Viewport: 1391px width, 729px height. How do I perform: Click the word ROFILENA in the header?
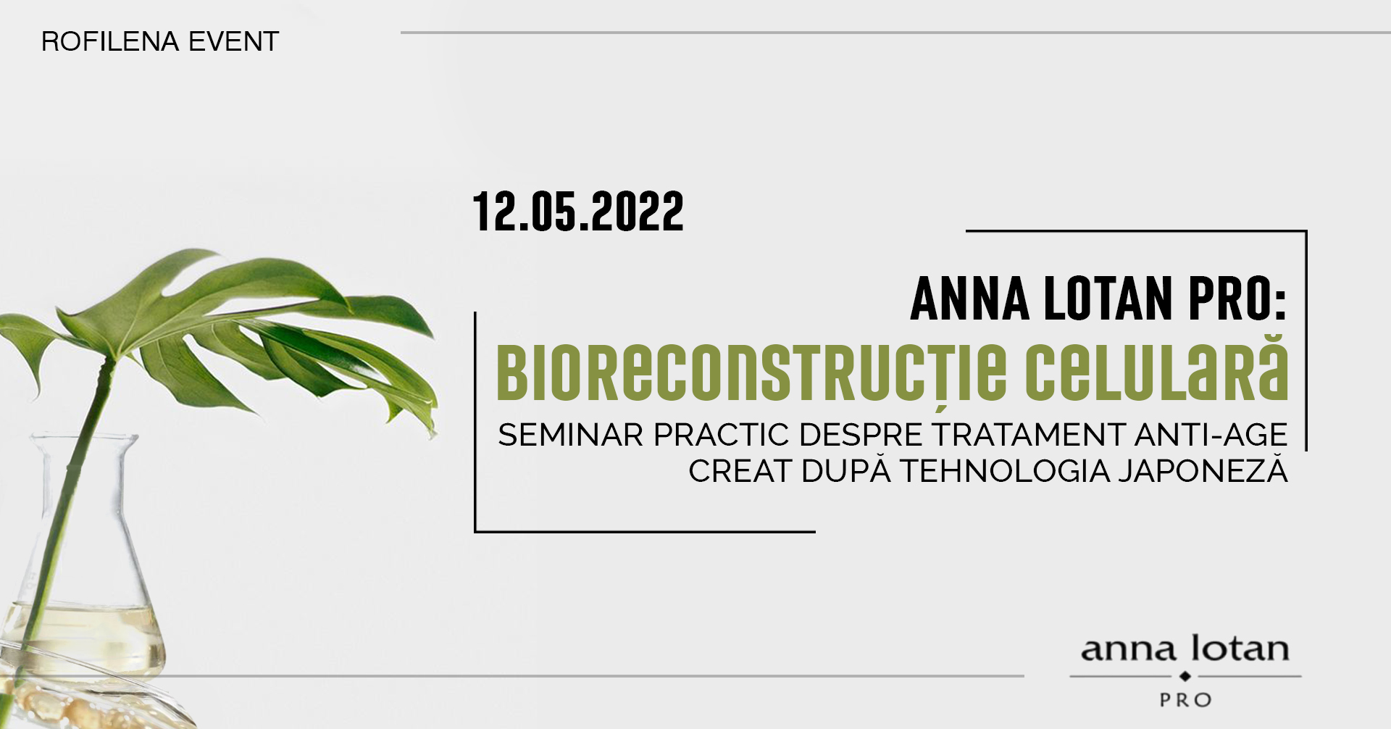click(x=110, y=41)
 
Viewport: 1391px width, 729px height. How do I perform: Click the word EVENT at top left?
click(x=233, y=41)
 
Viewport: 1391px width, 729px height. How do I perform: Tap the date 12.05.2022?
click(x=578, y=212)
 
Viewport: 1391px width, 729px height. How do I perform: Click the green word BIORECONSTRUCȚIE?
click(x=751, y=373)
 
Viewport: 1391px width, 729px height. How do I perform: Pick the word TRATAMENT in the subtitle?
click(x=1027, y=435)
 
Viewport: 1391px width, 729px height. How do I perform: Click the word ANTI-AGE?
click(x=1211, y=435)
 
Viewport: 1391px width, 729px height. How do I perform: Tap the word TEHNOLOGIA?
click(x=1005, y=471)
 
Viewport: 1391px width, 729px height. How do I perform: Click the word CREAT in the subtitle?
click(x=740, y=471)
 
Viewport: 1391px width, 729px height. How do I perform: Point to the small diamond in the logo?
click(x=1185, y=676)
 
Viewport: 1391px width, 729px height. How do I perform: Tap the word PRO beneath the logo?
click(x=1185, y=700)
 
